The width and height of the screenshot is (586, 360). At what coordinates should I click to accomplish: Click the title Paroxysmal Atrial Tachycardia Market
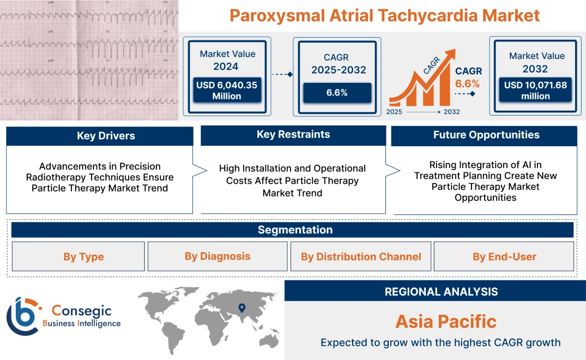coord(384,15)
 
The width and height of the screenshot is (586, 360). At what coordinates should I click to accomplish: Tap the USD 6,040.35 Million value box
coord(226,90)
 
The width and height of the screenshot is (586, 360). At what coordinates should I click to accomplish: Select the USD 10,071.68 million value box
coord(535,90)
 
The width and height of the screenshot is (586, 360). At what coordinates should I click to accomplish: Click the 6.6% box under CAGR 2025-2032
coord(337,93)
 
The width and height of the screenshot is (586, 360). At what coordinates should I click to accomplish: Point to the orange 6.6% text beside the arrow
coord(468,83)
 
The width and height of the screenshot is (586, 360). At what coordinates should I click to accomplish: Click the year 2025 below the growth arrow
coord(395,112)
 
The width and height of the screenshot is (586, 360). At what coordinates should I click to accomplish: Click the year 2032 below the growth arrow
coord(451,112)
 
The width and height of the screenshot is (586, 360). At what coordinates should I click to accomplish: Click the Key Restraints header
coord(293,135)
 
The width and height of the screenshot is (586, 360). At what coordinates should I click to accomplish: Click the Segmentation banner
coord(295,230)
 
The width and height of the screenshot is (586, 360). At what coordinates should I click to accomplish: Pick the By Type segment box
coord(83,257)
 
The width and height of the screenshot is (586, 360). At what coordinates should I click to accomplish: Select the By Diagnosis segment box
coord(218,256)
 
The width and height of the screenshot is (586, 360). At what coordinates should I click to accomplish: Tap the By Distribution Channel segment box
coord(361,257)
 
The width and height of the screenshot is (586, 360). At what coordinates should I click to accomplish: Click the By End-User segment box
coord(504,257)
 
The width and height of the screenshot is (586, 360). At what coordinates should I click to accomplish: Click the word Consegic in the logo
coord(81,311)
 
